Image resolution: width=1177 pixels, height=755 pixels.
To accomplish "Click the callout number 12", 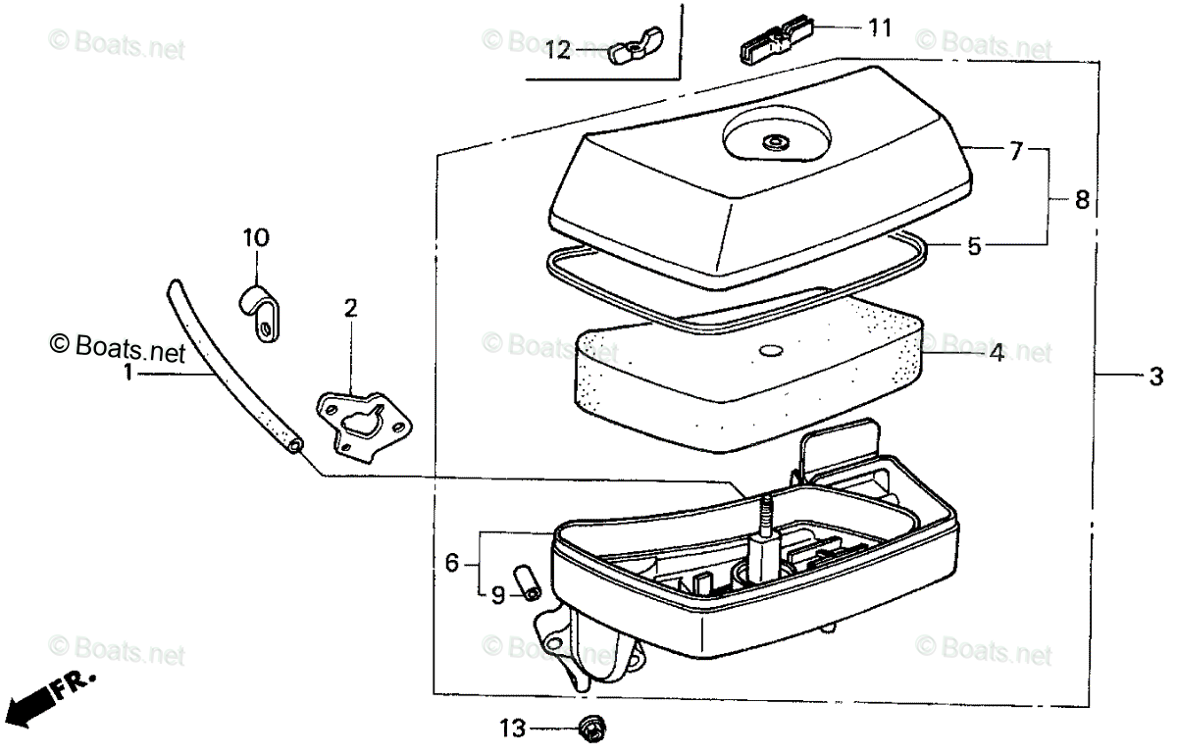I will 558,50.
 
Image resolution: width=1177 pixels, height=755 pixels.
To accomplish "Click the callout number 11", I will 879,27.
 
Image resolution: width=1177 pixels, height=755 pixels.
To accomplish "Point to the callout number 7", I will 1016,151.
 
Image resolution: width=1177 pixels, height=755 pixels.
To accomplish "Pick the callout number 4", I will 996,352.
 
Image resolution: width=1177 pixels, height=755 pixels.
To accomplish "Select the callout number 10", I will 255,238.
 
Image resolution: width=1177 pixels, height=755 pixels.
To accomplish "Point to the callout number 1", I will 128,374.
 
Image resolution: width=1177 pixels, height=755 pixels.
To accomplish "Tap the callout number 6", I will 452,563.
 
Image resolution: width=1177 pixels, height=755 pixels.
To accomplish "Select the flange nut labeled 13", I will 591,728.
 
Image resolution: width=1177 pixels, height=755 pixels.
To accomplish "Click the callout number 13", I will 511,729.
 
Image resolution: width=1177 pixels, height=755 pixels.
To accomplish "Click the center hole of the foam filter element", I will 770,350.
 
